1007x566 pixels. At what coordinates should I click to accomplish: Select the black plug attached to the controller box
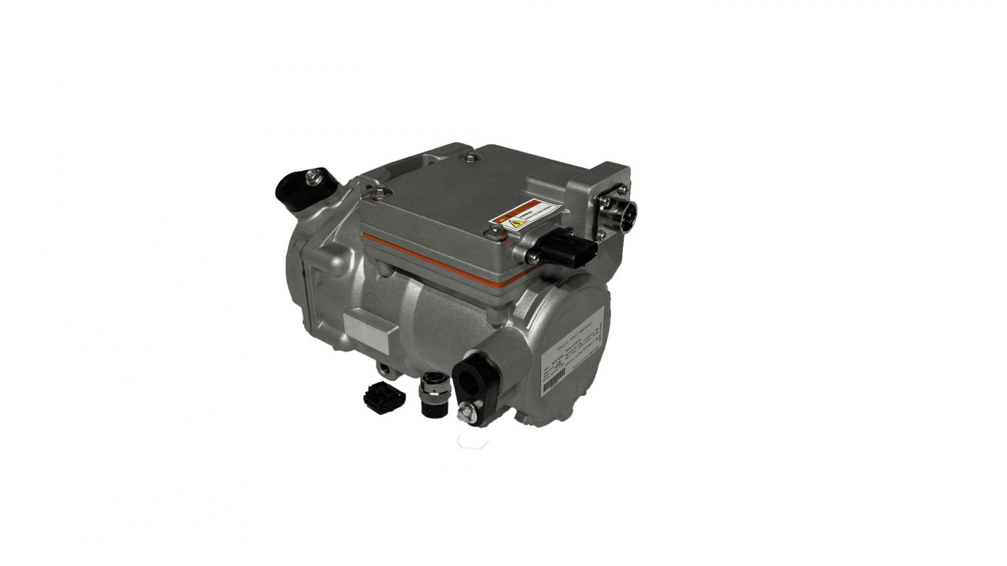(574, 248)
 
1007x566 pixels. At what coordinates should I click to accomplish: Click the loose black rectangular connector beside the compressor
(381, 396)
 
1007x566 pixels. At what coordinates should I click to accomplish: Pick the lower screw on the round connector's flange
(601, 234)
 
